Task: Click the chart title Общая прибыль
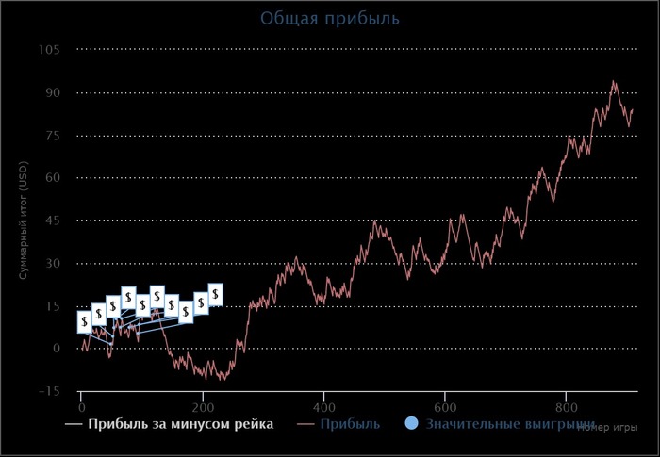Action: [x=329, y=18]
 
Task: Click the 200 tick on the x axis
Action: [x=203, y=408]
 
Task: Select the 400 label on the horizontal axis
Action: [x=323, y=408]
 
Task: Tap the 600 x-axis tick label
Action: [x=444, y=408]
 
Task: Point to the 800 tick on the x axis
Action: [x=565, y=408]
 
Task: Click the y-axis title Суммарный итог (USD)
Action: [x=25, y=220]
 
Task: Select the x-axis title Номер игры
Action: [x=608, y=427]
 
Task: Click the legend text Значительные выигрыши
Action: [x=510, y=424]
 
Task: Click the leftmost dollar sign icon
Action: [x=85, y=321]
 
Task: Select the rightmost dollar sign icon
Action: [x=215, y=294]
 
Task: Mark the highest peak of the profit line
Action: [x=614, y=81]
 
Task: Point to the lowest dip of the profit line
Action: [x=223, y=380]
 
